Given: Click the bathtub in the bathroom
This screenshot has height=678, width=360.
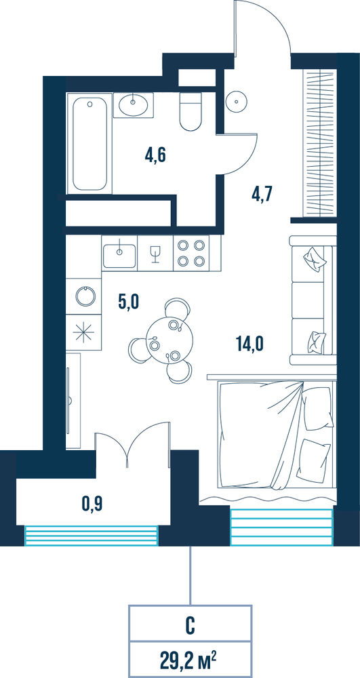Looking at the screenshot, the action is coord(89,144).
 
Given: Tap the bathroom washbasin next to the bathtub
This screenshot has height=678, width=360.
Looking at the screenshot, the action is coord(133,104).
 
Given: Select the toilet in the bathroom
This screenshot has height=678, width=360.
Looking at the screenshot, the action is coord(190,112).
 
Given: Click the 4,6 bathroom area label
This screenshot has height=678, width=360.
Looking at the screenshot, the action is coord(156,154).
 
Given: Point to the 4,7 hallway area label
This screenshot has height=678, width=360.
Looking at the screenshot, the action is coord(262,194).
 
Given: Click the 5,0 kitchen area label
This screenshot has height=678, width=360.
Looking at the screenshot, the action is coord(128,301).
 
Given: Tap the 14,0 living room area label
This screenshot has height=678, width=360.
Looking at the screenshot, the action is coord(250,344).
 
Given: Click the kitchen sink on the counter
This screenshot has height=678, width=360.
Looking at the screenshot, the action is coord(119,254).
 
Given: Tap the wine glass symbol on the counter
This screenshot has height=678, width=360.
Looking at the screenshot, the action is coord(155,254).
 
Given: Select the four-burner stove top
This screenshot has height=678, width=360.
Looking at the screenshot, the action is coord(191,254).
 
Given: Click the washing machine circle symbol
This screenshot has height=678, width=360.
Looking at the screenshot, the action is coord(84,296).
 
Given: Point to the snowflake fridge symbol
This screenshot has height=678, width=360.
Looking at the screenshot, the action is coord(84,332).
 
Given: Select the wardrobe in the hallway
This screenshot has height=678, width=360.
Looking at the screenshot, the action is coord(319,142).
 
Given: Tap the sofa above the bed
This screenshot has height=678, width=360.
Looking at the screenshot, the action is coord(313,300).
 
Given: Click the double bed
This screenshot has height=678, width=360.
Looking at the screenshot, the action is coord(277,435).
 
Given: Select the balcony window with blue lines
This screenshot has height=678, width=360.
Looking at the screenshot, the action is coord(92,536).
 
